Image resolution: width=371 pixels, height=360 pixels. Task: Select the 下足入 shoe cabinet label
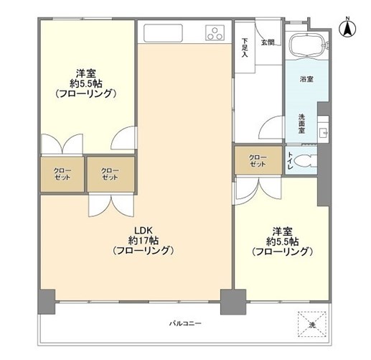pos(245,48)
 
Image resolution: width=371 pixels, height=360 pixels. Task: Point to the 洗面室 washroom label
pos(302,123)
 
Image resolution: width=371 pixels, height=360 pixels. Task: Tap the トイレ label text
pos(289,162)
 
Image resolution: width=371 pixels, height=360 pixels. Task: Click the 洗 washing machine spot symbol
pos(312,324)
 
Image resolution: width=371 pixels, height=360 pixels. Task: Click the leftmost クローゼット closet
pos(62,173)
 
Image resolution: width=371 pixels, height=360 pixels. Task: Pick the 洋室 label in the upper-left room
pos(87,71)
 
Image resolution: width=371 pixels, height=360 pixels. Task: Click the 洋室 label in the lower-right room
pos(281,231)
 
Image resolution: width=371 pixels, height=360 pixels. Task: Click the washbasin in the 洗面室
pos(321,134)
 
